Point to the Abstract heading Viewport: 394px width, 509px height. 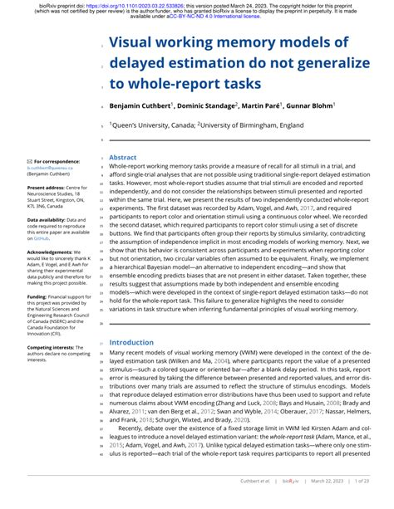(x=123, y=157)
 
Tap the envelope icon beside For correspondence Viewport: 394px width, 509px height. (x=29, y=161)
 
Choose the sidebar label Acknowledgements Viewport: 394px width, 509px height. (x=51, y=252)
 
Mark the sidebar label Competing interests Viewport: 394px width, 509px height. (x=52, y=348)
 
